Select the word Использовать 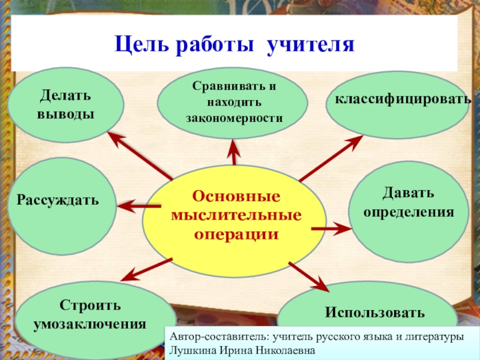coord(375,313)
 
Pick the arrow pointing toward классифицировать coord(331,158)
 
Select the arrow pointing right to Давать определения coord(331,229)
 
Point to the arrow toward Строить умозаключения coord(147,269)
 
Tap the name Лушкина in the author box coord(190,350)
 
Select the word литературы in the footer coord(436,337)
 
